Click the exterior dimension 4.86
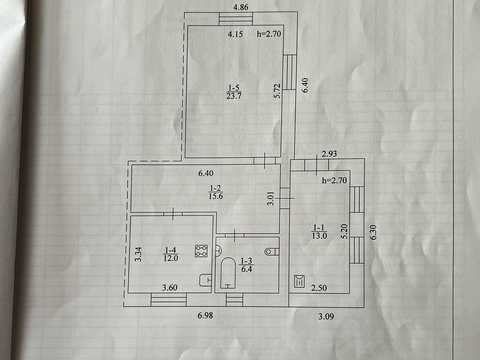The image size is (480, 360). tap(241, 7)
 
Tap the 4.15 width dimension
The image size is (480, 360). tap(235, 34)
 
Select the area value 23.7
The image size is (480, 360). tap(234, 96)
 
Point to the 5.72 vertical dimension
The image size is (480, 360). tap(277, 91)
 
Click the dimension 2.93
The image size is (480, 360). tap(329, 154)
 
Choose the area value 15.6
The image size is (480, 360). tap(215, 196)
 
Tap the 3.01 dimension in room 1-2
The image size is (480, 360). tap(271, 198)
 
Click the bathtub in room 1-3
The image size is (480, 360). tap(228, 273)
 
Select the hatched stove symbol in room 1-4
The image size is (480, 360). tap(201, 251)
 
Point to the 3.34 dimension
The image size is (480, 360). tap(139, 254)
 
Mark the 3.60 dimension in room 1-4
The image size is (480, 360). tap(169, 287)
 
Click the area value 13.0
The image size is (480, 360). tap(319, 236)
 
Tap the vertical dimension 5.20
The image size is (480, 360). tap(345, 231)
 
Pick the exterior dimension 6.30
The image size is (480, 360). tap(373, 232)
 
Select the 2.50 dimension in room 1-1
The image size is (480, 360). tap(319, 288)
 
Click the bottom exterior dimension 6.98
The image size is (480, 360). tap(205, 316)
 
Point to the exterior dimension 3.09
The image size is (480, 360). tap(326, 316)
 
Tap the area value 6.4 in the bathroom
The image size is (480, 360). tap(246, 269)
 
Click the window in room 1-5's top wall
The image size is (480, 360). tap(236, 18)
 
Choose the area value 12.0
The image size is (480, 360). tap(171, 258)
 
